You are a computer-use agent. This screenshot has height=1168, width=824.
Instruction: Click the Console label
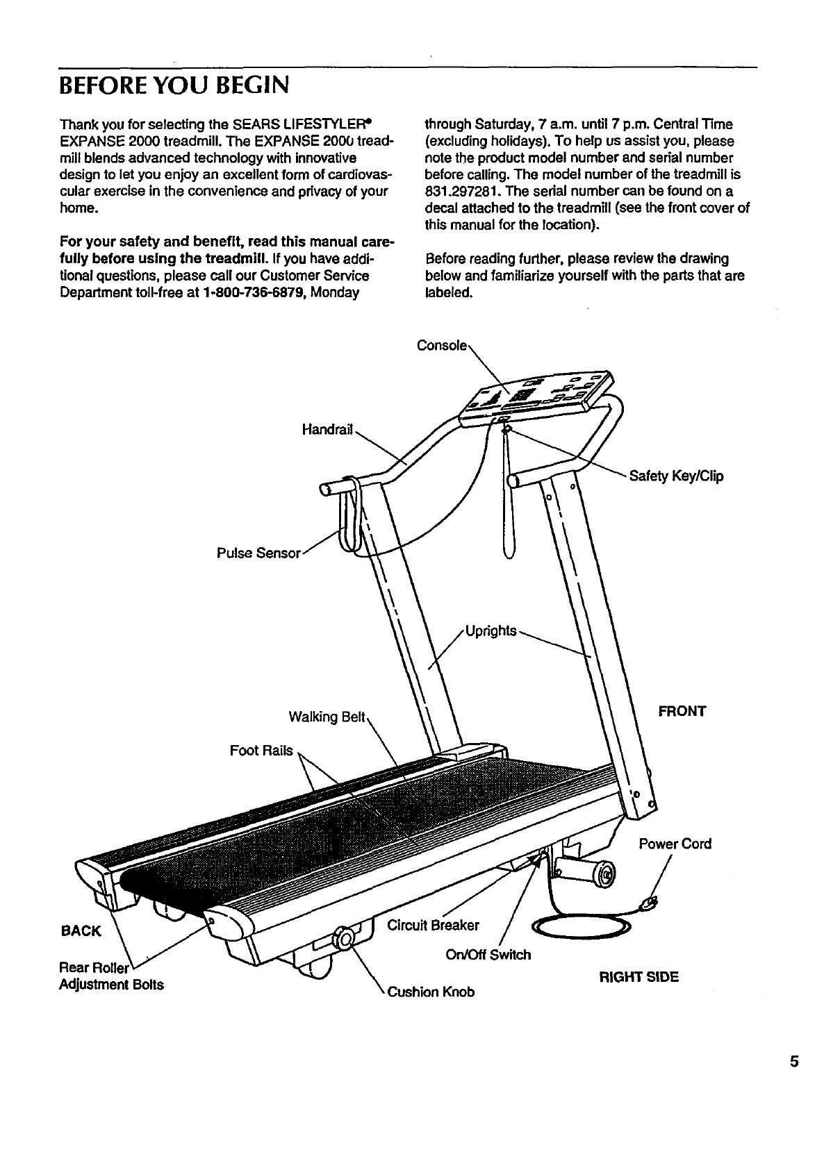(441, 345)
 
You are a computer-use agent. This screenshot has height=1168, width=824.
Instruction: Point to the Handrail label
(328, 431)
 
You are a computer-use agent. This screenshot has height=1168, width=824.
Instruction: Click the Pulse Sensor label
(258, 553)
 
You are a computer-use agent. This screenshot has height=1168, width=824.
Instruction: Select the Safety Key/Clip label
(676, 476)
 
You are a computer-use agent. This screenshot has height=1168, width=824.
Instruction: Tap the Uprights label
(491, 631)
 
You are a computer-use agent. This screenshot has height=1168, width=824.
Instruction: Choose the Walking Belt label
(327, 717)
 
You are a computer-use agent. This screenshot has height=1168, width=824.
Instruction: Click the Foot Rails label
(261, 751)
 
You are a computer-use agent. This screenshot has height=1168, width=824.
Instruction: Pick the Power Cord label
(675, 844)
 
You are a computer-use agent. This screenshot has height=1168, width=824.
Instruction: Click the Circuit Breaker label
(433, 925)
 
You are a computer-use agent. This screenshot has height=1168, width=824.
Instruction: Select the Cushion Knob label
(431, 992)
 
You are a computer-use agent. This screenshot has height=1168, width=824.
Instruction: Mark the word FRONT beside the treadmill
(682, 711)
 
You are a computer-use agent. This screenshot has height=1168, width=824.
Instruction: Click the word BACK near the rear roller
(81, 931)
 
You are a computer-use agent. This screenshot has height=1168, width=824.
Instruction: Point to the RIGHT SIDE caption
(638, 977)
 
